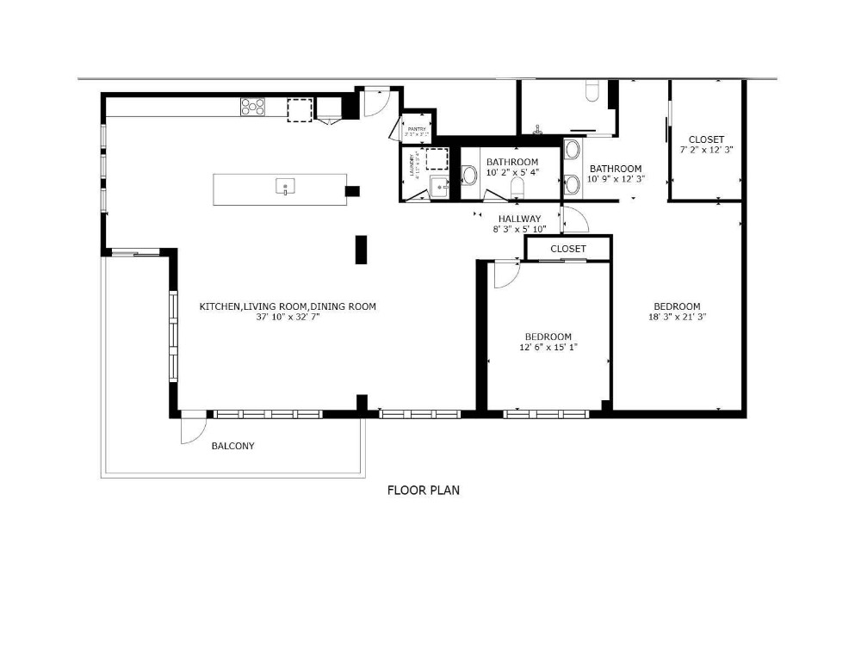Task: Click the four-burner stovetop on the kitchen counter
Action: pyautogui.click(x=252, y=107)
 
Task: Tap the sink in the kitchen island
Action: pyautogui.click(x=285, y=187)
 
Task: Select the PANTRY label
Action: pyautogui.click(x=418, y=129)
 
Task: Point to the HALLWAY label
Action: pyautogui.click(x=519, y=219)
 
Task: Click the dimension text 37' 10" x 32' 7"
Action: pyautogui.click(x=288, y=318)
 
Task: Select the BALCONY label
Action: pyautogui.click(x=232, y=446)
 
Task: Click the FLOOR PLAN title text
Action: pyautogui.click(x=423, y=491)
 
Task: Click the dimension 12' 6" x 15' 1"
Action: pyautogui.click(x=548, y=348)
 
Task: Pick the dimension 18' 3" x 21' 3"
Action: pyautogui.click(x=676, y=318)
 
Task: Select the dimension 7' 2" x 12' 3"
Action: pyautogui.click(x=706, y=151)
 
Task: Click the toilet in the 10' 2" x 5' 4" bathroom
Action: pyautogui.click(x=517, y=188)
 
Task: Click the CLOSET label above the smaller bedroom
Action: pyautogui.click(x=567, y=249)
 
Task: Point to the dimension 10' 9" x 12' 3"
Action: pyautogui.click(x=616, y=180)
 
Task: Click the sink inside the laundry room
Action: pyautogui.click(x=439, y=186)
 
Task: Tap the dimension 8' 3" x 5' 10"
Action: pyautogui.click(x=519, y=230)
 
